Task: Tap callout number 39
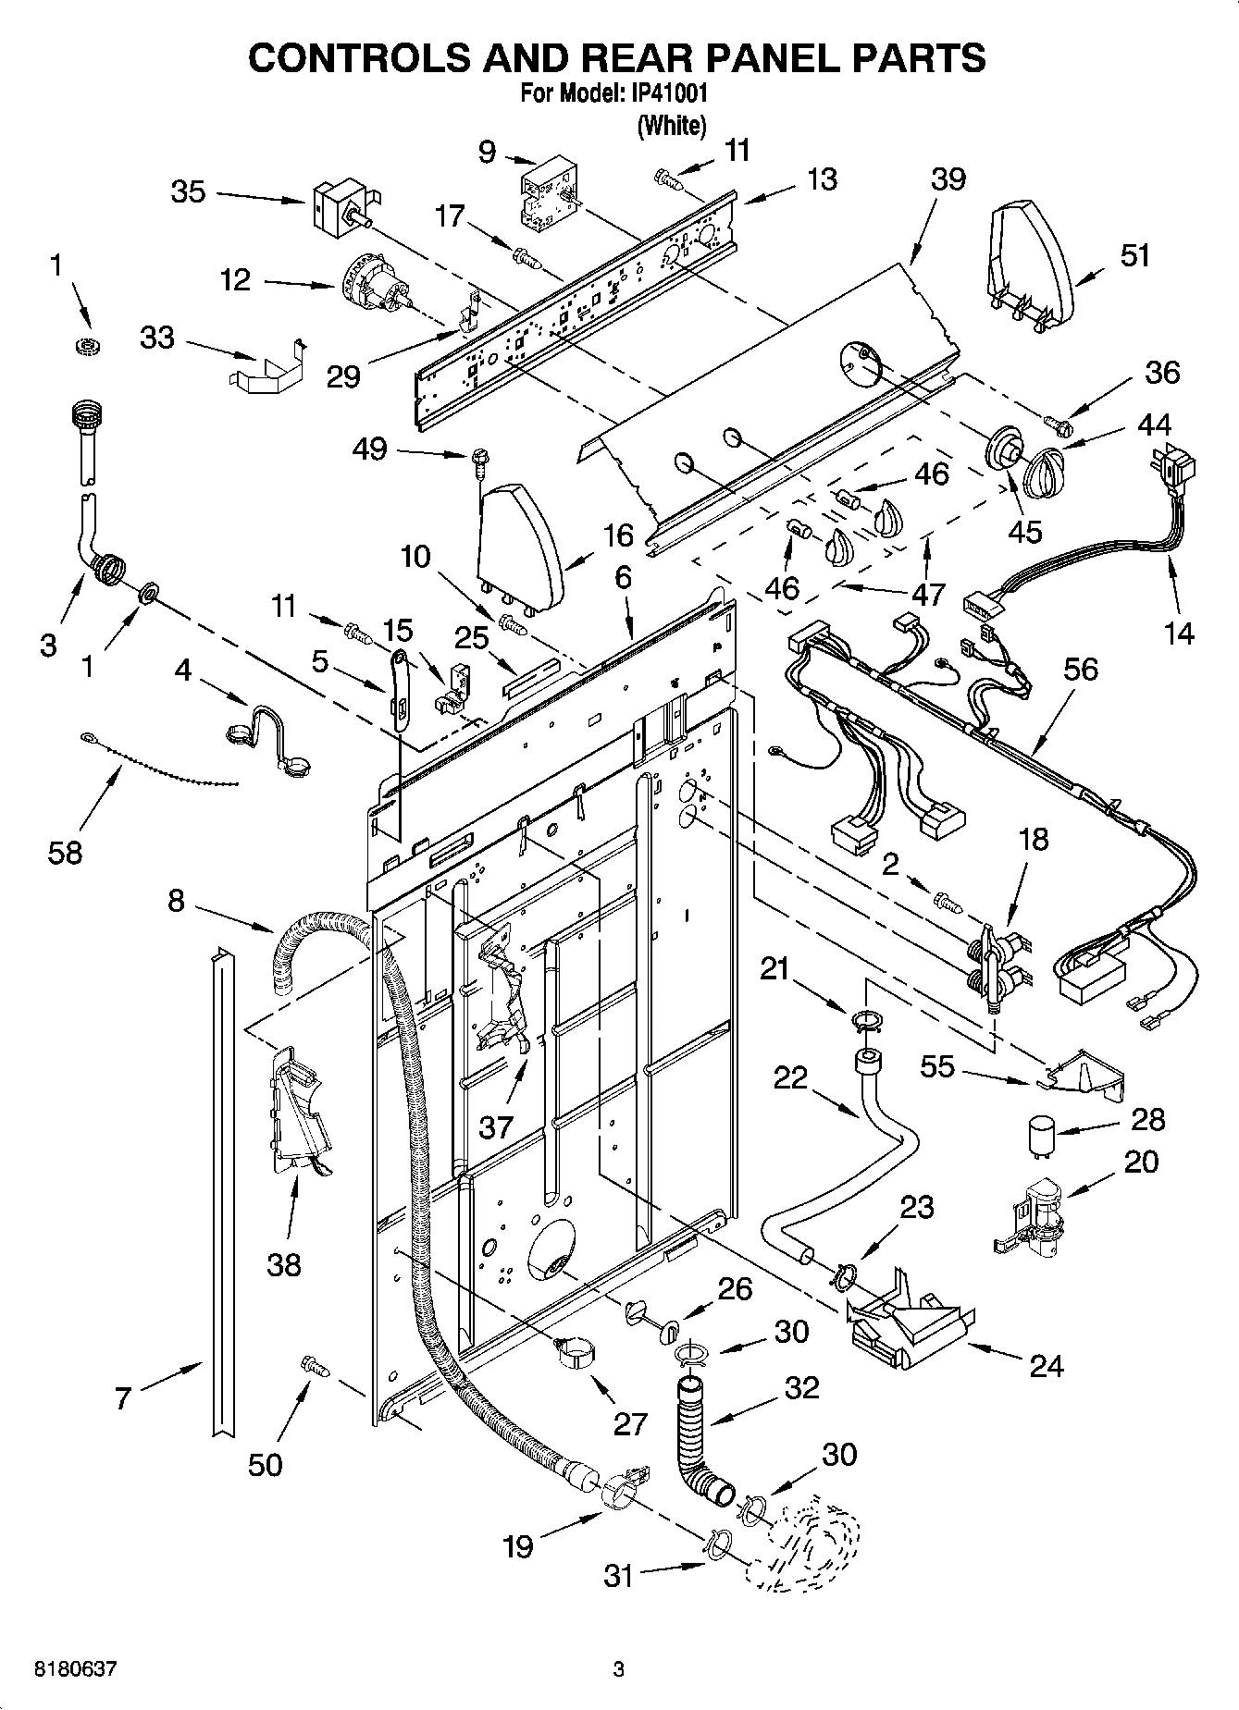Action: (948, 178)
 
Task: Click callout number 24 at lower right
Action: (1047, 1365)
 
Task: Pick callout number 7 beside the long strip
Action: (123, 1398)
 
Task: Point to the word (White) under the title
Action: (672, 125)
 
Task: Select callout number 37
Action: (496, 1126)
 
